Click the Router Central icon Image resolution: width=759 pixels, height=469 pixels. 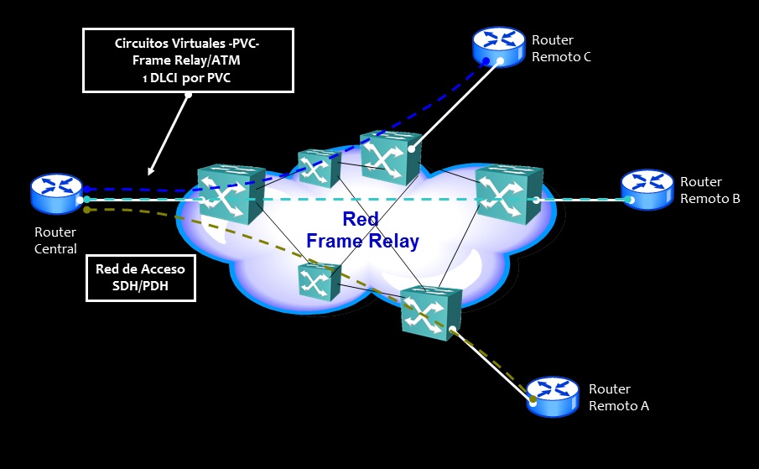coord(57,193)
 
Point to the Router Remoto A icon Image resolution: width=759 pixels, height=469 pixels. coord(553,395)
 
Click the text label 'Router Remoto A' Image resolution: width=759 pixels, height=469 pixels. coord(619,398)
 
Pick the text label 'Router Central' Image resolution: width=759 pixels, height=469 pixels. coord(55,240)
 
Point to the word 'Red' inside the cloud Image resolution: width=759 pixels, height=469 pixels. coord(361,220)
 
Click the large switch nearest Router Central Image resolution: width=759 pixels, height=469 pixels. coord(231,194)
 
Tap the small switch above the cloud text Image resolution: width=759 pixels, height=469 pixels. coord(319,169)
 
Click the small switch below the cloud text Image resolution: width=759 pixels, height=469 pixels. coord(319,282)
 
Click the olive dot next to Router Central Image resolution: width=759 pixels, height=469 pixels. coord(86,210)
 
